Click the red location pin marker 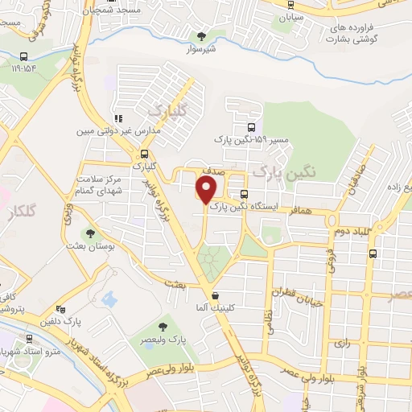point(207,190)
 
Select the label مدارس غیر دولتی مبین point(119,130)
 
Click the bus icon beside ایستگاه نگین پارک point(244,194)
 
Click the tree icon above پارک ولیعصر point(163,326)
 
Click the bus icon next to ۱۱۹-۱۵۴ point(25,57)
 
